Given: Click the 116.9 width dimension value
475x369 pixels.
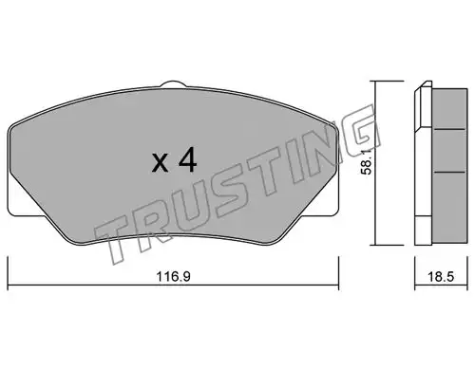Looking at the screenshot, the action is (174, 277).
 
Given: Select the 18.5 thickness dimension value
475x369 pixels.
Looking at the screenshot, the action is (441, 277).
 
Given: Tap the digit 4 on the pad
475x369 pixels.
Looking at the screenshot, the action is (187, 160).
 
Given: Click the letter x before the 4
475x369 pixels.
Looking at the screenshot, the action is (160, 163).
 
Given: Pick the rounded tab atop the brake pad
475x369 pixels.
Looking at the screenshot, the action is (173, 84).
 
